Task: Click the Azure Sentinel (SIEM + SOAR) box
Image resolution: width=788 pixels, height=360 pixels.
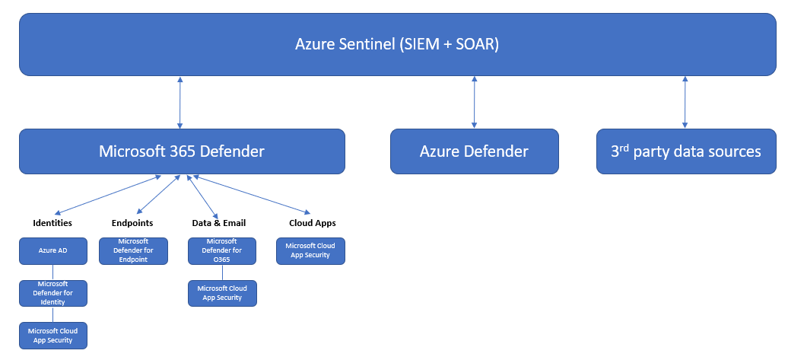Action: tap(396, 44)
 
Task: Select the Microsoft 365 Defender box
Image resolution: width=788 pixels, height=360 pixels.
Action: tap(182, 151)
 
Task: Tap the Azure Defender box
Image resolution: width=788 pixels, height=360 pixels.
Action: tap(474, 151)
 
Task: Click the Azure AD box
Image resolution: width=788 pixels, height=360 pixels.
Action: tap(53, 250)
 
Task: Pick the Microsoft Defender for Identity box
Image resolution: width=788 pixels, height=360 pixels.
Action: tap(53, 293)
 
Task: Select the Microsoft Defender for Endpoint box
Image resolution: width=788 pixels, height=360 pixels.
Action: tap(133, 250)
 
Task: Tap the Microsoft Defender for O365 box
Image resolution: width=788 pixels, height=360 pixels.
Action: tap(222, 250)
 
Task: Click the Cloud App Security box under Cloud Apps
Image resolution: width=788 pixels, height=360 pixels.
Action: tap(310, 250)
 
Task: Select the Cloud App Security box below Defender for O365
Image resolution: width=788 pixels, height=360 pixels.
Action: tap(222, 293)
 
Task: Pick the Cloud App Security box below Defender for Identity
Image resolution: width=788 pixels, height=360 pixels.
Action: tap(53, 335)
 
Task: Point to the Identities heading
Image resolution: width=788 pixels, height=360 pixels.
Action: tap(52, 223)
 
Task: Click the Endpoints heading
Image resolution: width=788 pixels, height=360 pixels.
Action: tap(132, 223)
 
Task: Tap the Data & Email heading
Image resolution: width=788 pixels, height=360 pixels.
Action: tap(219, 223)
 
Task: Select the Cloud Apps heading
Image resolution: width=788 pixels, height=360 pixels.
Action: tap(313, 223)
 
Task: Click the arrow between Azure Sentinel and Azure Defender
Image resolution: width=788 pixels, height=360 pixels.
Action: tap(475, 102)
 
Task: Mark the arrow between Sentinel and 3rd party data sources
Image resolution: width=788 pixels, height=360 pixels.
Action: tap(685, 102)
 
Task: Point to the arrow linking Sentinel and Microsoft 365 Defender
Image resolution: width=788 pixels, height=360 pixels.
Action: tap(180, 102)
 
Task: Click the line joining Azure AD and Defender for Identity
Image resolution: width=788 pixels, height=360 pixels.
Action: tap(53, 272)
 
